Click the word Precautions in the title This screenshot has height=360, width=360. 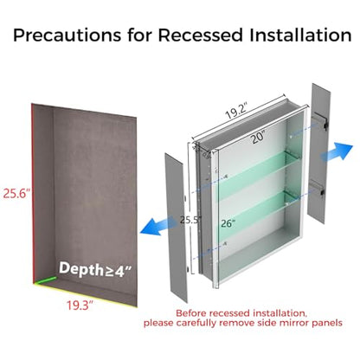tap(67, 35)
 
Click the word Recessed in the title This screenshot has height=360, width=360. tap(200, 35)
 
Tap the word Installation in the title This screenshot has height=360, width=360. tap(300, 35)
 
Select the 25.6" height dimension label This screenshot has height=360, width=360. tap(16, 193)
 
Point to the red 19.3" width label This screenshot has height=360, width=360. tap(80, 305)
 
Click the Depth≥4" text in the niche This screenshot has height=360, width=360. tap(95, 270)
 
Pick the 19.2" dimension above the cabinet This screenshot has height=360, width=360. tap(237, 112)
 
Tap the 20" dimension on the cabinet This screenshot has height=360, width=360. tap(258, 137)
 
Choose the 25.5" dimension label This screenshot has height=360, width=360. tap(190, 220)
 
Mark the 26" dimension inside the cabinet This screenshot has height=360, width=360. tap(228, 223)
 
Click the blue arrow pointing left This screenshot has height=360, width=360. tap(157, 225)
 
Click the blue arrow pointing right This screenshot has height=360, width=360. tap(337, 152)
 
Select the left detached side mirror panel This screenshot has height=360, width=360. tap(176, 228)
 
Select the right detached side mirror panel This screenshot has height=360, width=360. tap(318, 153)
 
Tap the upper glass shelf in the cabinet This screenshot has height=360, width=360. tap(255, 175)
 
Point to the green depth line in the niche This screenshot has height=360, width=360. tap(45, 280)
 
